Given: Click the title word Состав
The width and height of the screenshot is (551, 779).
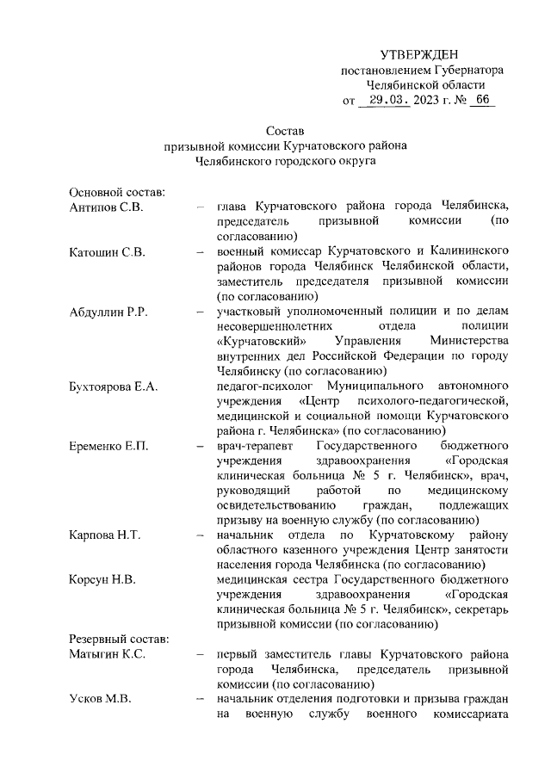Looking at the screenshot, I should [285, 130].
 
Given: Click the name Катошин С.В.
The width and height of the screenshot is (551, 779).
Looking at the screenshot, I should [108, 251].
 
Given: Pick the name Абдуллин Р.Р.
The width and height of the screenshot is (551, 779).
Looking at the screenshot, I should [109, 312].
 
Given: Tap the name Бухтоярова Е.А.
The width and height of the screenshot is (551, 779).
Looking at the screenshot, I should [114, 386].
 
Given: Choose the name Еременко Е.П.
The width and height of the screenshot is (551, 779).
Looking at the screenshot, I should [109, 446].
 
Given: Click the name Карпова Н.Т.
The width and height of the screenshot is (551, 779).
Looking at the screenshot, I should [106, 535].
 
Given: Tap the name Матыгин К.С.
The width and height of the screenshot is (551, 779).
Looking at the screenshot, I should [108, 653].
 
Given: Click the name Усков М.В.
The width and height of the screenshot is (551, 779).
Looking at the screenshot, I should [100, 698].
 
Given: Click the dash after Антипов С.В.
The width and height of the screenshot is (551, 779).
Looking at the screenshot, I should [200, 207].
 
